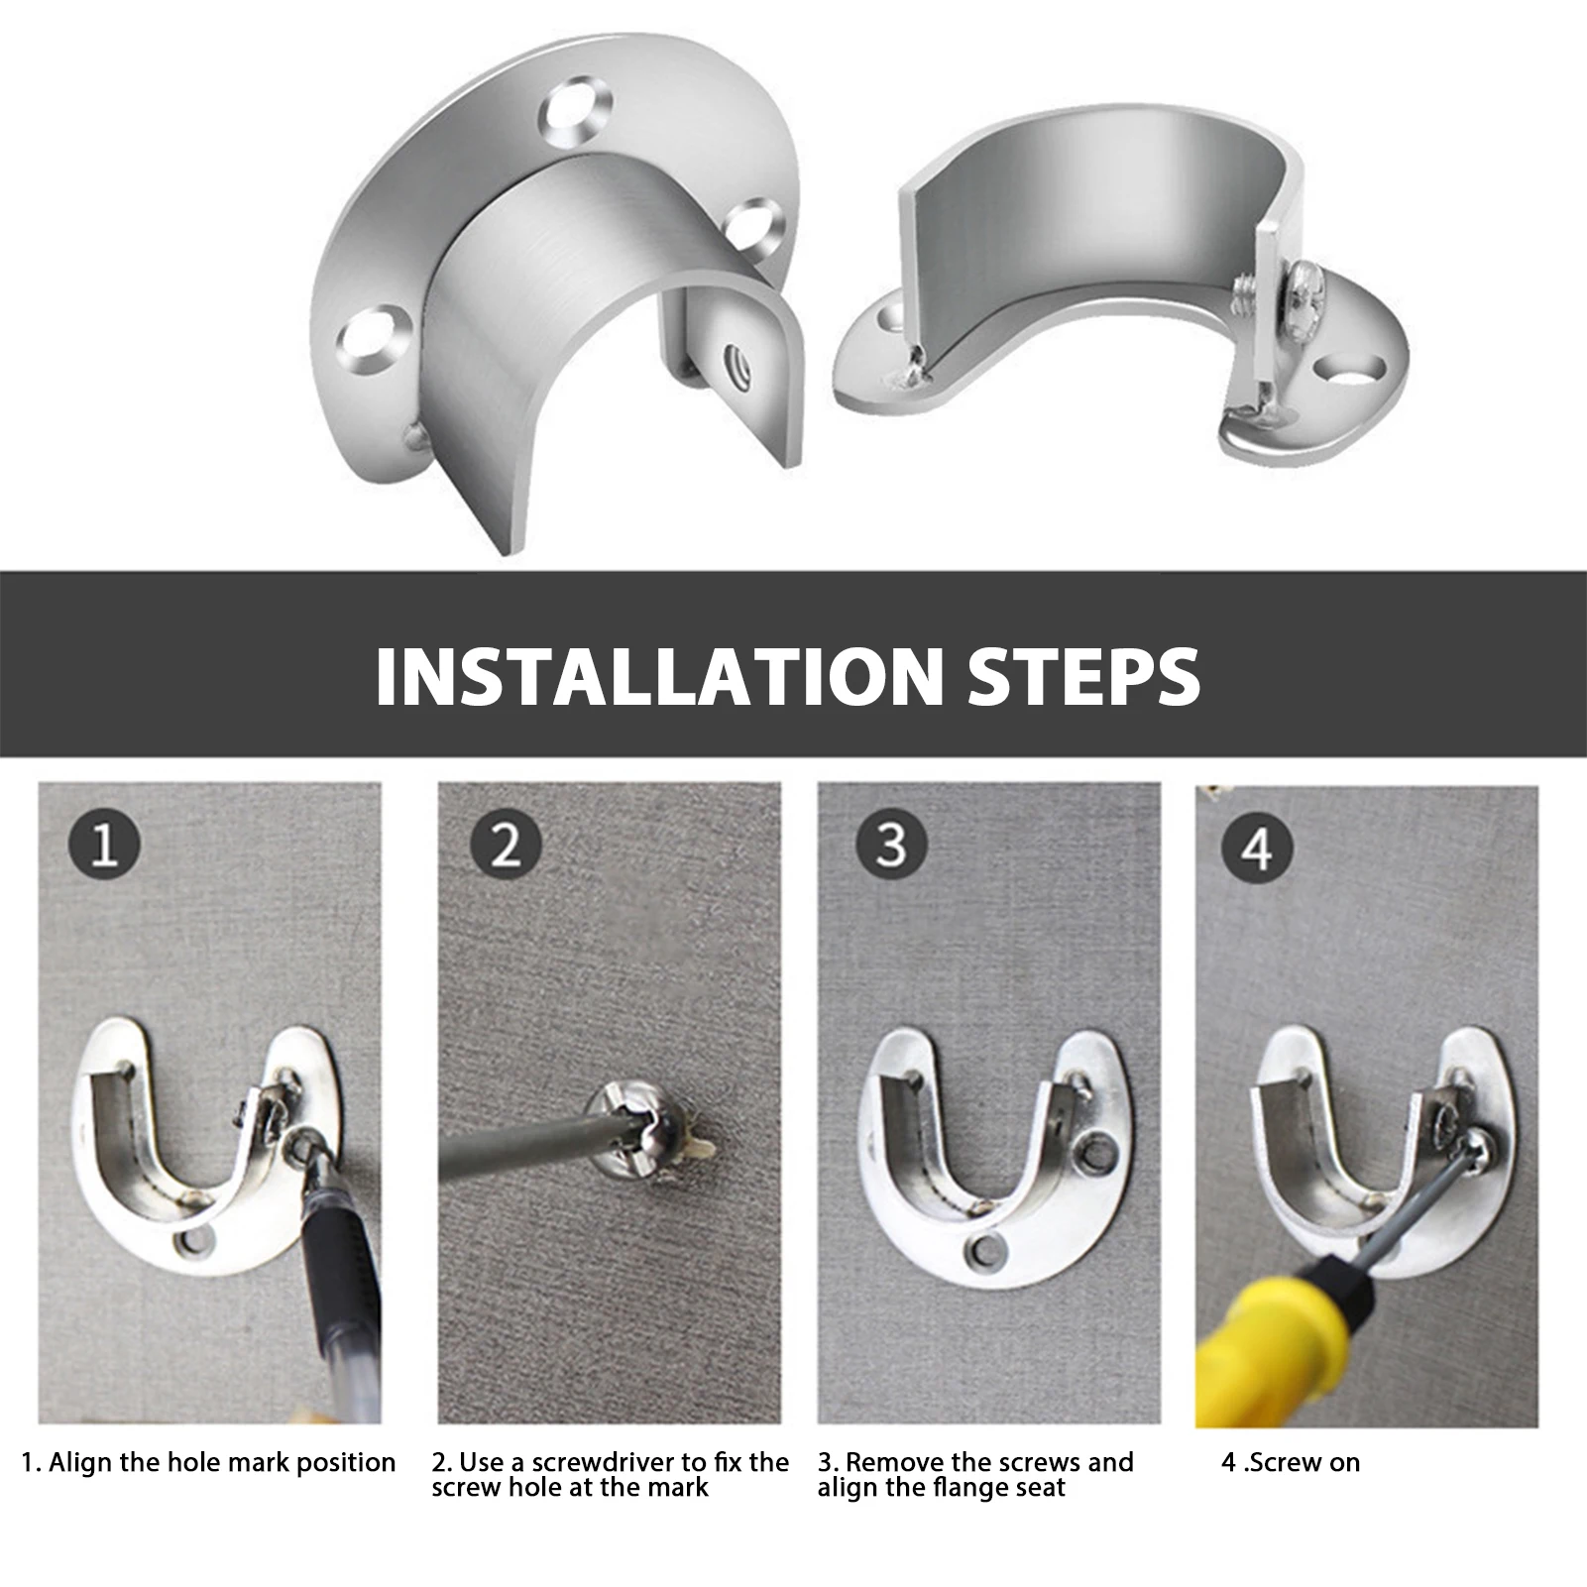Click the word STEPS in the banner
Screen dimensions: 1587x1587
click(x=1083, y=676)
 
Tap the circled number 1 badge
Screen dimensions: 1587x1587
click(x=104, y=848)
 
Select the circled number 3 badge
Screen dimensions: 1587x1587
click(x=891, y=845)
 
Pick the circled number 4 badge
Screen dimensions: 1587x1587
click(x=1257, y=849)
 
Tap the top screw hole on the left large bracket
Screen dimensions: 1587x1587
click(x=575, y=111)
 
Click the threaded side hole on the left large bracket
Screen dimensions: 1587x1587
click(x=738, y=359)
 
